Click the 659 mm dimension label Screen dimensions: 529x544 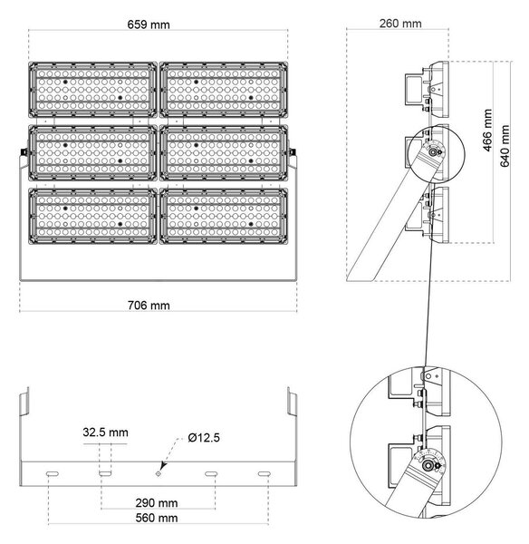coord(149,24)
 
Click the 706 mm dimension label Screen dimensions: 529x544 coord(149,306)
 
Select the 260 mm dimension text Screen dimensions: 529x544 coord(400,24)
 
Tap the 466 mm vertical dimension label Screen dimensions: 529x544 coord(487,130)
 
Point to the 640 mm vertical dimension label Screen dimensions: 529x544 coord(505,146)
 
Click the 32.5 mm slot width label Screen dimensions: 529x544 coord(105,432)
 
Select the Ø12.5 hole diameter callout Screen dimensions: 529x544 coord(204,438)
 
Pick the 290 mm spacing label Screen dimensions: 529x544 coord(157,502)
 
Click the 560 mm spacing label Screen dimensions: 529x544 coord(157,518)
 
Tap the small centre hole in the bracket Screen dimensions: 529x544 coord(159,474)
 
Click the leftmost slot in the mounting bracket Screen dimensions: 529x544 coord(53,474)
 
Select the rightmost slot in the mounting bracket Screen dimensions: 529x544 coord(264,474)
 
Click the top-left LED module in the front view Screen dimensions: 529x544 coord(92,90)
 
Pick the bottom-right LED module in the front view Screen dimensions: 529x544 coord(224,216)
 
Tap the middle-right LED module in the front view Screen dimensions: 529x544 coord(224,153)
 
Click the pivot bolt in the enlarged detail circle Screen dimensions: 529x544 coord(429,466)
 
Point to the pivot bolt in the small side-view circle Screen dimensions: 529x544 coord(433,151)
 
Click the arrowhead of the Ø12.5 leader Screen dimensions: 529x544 coord(163,467)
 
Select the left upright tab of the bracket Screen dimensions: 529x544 coord(24,402)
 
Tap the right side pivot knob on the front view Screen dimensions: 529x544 coord(293,152)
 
